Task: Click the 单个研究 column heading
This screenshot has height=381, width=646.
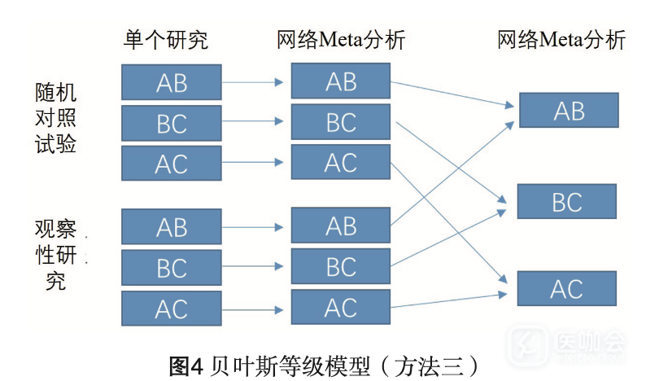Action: click(x=165, y=39)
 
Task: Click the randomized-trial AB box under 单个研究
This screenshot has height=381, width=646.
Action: click(x=172, y=82)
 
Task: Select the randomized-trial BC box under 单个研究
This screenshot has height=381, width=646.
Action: click(x=172, y=123)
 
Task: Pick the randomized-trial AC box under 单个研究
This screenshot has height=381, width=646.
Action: click(x=172, y=164)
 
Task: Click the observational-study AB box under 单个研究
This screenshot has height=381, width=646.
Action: click(x=172, y=227)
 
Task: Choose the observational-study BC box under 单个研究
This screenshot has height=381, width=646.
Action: click(x=172, y=268)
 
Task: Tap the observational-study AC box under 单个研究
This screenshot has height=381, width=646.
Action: click(x=172, y=309)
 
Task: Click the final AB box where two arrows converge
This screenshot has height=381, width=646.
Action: click(x=568, y=110)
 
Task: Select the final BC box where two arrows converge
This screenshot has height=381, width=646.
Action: click(x=568, y=201)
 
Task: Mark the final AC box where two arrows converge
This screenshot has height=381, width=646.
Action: click(x=568, y=288)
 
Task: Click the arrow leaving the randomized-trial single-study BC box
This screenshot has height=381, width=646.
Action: click(x=255, y=122)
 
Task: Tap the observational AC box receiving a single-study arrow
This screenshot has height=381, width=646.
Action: click(x=341, y=308)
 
